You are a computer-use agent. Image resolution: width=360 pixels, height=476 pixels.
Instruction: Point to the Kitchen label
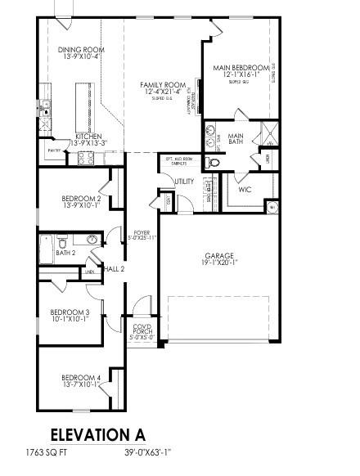click(x=88, y=137)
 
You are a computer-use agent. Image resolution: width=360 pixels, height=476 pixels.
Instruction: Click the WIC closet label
click(x=245, y=189)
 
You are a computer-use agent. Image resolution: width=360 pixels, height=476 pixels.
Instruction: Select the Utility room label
click(x=184, y=182)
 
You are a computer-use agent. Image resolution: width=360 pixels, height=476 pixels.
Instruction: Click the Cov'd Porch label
click(x=142, y=330)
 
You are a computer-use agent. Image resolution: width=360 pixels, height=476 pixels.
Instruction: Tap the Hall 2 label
click(x=114, y=269)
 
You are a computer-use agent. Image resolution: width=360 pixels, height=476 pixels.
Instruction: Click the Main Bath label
click(x=236, y=140)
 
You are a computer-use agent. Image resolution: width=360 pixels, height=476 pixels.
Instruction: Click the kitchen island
click(x=82, y=101)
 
